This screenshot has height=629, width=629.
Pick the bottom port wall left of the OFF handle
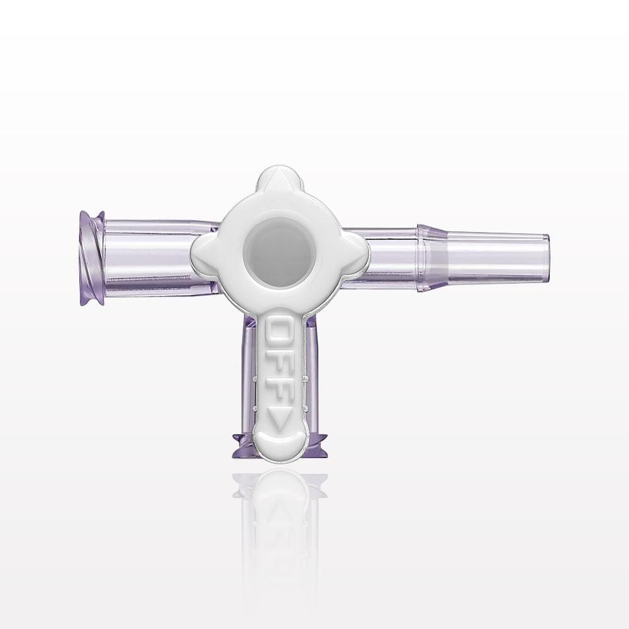(x=250, y=377)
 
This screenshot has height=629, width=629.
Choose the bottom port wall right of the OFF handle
(x=308, y=377)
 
